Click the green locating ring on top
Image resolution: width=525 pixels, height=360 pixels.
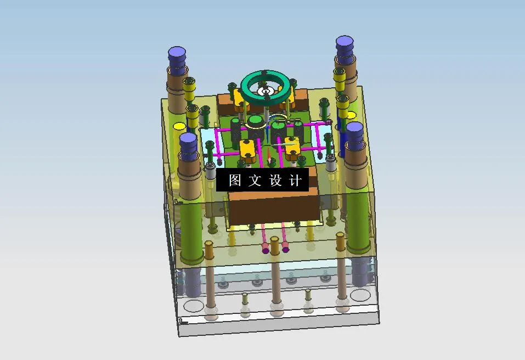coord(266,78)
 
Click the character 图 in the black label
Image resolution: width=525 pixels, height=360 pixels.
coord(235,181)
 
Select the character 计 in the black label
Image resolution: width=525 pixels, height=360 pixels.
coord(295,181)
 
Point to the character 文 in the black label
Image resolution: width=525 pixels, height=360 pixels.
coord(255,181)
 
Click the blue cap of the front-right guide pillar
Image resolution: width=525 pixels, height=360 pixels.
coord(354,129)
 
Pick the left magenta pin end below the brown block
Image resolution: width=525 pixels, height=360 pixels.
coord(266,251)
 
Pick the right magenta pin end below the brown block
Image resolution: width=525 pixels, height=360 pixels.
coord(286,250)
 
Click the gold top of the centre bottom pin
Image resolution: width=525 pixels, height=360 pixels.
coord(276,259)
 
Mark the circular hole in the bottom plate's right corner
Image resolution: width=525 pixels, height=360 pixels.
coord(360,295)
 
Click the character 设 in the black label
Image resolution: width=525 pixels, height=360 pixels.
coord(275,181)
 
